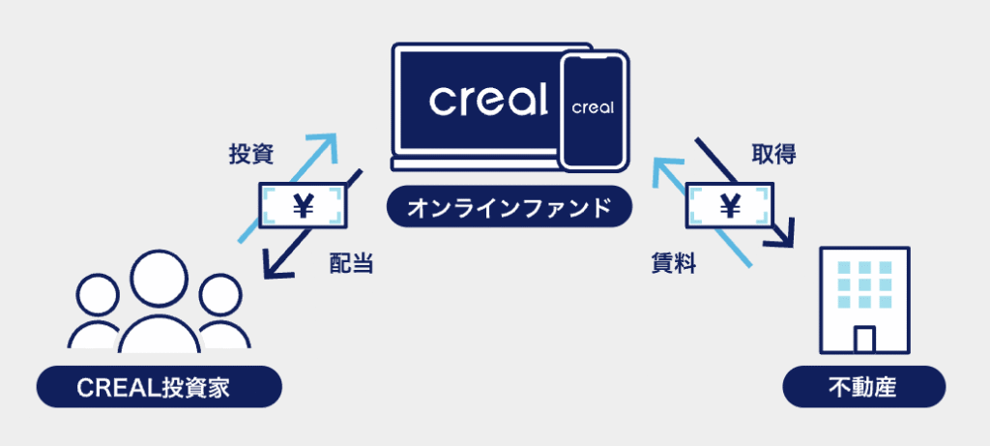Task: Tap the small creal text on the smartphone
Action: (593, 106)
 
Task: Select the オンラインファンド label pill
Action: (509, 206)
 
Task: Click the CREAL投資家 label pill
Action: (160, 387)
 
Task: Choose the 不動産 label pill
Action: (863, 387)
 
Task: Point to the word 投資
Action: (250, 155)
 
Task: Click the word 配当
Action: (352, 264)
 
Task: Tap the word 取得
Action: (773, 154)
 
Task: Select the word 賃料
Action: (674, 264)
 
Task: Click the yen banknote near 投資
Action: (303, 205)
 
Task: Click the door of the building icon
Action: (863, 340)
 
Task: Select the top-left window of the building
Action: (843, 268)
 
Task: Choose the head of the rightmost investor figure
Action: (220, 295)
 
